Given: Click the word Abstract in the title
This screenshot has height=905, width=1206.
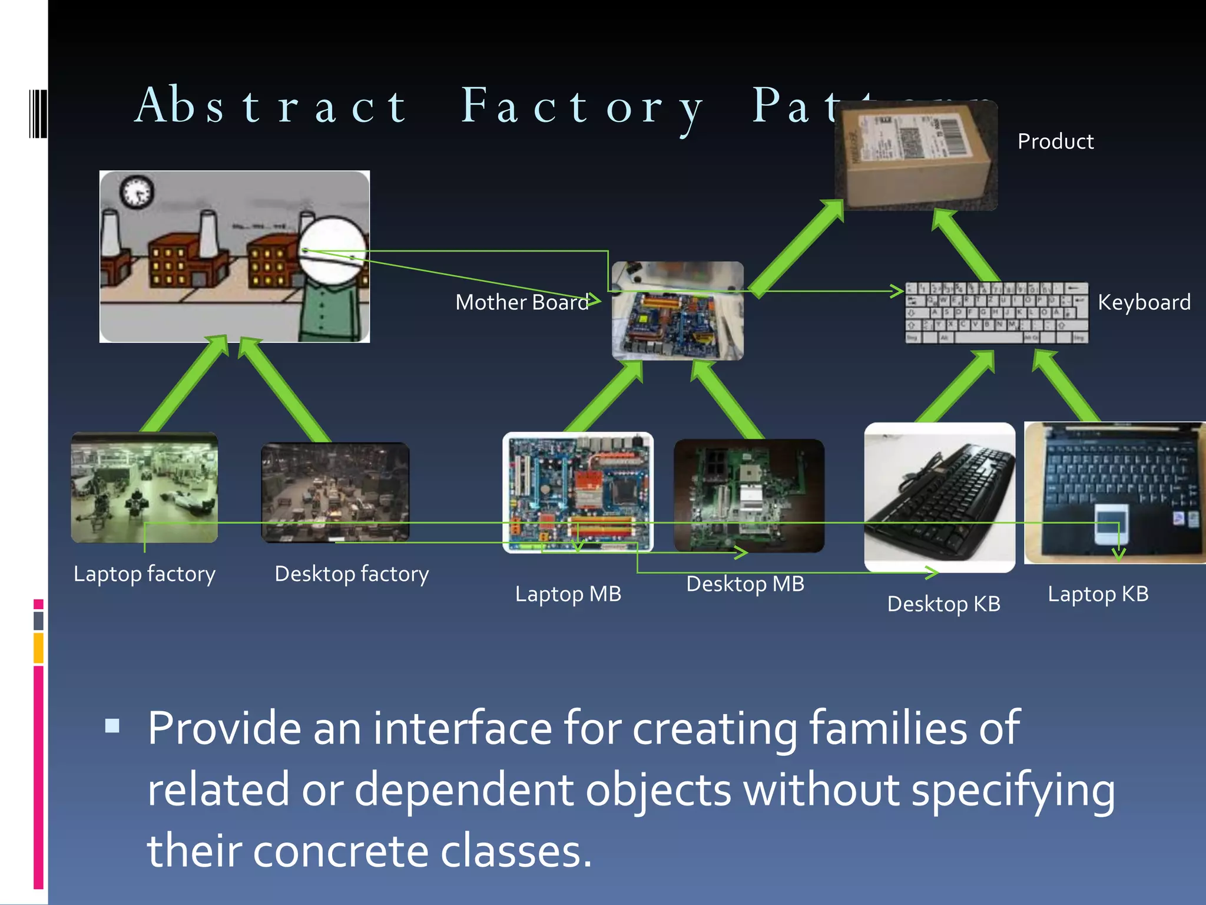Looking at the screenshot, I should [271, 107].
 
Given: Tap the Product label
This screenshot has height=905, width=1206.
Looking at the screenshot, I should [1055, 141].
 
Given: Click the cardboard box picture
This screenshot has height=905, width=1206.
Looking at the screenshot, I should [916, 156].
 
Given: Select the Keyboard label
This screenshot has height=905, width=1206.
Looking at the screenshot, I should [1144, 302].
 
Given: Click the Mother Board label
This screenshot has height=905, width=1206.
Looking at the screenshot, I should [522, 302].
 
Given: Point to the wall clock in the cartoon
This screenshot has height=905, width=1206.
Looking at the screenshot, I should [137, 192].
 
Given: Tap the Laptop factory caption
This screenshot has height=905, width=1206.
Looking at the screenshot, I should [144, 574].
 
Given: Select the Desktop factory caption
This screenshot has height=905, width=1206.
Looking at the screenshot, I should [352, 574].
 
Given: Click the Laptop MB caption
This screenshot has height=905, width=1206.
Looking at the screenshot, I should [568, 594].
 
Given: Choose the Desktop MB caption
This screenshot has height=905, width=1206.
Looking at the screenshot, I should [745, 584].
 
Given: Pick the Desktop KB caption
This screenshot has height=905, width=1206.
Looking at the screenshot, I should [943, 604].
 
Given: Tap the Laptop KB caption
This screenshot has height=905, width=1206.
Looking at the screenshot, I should [1098, 594].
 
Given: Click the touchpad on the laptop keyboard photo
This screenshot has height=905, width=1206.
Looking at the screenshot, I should [1112, 524].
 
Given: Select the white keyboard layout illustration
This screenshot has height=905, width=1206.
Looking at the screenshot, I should [996, 313].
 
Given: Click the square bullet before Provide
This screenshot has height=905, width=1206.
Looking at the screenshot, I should [112, 726].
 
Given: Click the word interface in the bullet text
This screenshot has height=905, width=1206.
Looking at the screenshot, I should [462, 728].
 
